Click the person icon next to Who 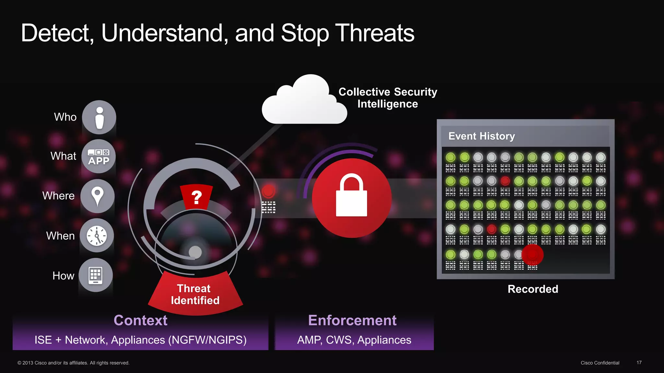pyautogui.click(x=99, y=118)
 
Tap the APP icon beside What pyautogui.click(x=99, y=157)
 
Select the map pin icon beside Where pyautogui.click(x=97, y=196)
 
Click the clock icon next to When pyautogui.click(x=97, y=235)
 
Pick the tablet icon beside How pyautogui.click(x=96, y=275)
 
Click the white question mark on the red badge pyautogui.click(x=196, y=197)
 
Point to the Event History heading pyautogui.click(x=481, y=136)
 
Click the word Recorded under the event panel pyautogui.click(x=533, y=289)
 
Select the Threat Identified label pyautogui.click(x=195, y=294)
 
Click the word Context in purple pyautogui.click(x=140, y=320)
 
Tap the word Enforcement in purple pyautogui.click(x=352, y=320)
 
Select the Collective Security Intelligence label pyautogui.click(x=388, y=98)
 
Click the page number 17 pyautogui.click(x=639, y=363)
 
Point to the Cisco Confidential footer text pyautogui.click(x=600, y=363)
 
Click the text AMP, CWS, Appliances pyautogui.click(x=354, y=340)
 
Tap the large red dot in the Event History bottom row pyautogui.click(x=532, y=255)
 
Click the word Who pyautogui.click(x=65, y=117)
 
